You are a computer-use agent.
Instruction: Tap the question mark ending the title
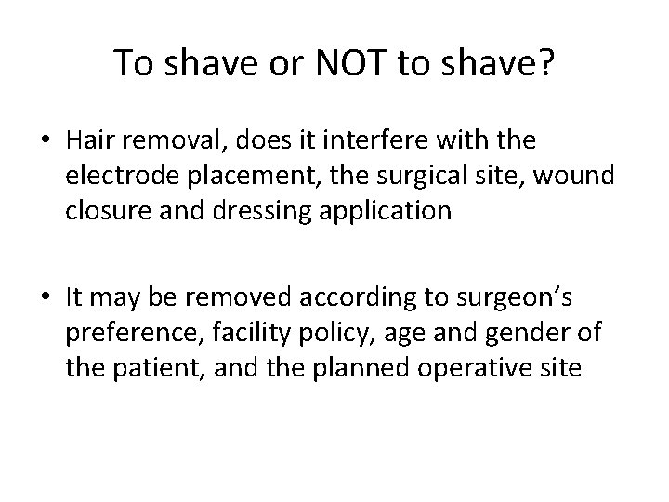click(544, 63)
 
